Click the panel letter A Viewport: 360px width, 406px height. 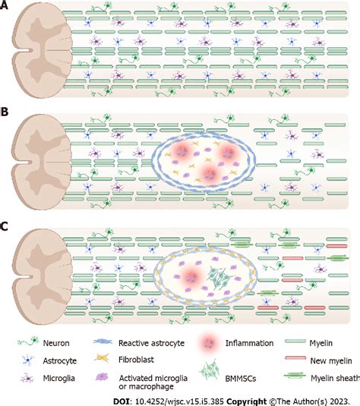click(6, 7)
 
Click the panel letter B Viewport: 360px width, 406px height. click(6, 113)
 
